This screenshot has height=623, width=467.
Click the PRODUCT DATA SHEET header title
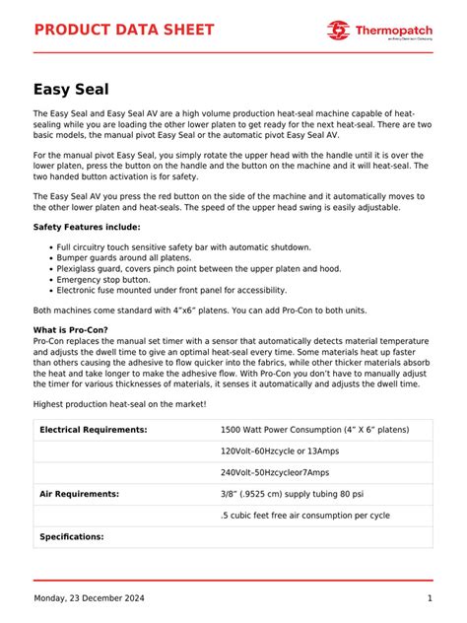point(123,30)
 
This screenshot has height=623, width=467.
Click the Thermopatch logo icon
point(339,31)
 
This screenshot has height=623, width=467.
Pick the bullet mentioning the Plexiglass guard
point(198,269)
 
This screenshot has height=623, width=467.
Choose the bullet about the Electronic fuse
point(171,291)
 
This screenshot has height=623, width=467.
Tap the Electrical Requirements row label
point(94,430)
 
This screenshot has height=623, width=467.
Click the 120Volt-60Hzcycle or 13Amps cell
point(282,451)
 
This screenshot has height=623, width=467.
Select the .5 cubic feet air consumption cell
point(304,516)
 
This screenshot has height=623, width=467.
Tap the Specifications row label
point(72,537)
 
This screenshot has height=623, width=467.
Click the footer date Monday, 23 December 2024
point(90,599)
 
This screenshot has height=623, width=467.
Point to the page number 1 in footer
point(430,599)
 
